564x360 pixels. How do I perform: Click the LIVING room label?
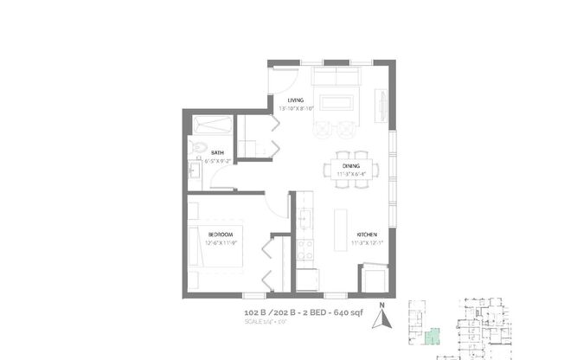[296, 100]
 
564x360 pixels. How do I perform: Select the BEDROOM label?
[221, 234]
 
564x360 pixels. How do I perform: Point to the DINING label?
[350, 165]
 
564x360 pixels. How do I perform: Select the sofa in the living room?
[336, 78]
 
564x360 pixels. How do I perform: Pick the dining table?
[350, 168]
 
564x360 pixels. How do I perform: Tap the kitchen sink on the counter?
[304, 219]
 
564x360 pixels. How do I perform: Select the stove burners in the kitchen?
[304, 249]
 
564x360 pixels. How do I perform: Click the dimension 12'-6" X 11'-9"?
[221, 242]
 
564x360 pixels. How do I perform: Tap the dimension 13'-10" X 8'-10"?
[296, 109]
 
